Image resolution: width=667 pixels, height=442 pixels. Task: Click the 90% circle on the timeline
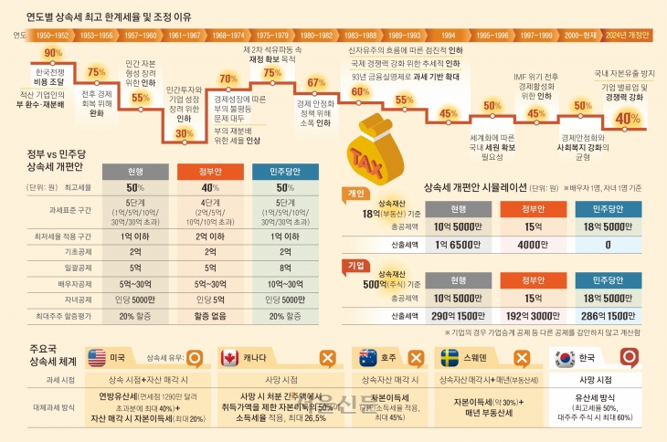click(x=53, y=53)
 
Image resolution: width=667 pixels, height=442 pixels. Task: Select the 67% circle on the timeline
click(x=316, y=83)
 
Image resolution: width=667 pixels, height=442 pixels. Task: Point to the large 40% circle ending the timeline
click(x=628, y=118)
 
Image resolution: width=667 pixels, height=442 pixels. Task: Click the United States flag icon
click(x=98, y=357)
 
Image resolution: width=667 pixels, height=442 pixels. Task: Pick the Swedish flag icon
click(x=450, y=357)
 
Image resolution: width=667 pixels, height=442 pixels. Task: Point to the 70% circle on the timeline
click(x=228, y=79)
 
